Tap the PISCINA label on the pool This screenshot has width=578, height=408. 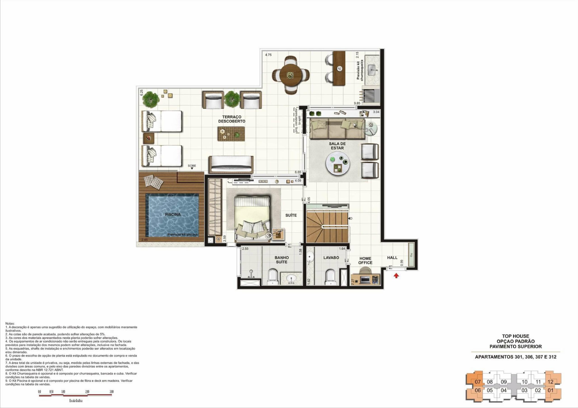(x=173, y=214)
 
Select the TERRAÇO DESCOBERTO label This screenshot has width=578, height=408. (x=232, y=119)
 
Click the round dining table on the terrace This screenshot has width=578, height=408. (x=291, y=75)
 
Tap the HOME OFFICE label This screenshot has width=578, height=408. (x=365, y=260)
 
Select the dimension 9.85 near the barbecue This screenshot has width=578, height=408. (x=357, y=103)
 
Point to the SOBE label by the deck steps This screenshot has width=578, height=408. (x=192, y=166)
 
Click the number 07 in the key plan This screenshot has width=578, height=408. (x=478, y=382)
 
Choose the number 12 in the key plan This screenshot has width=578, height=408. (x=550, y=382)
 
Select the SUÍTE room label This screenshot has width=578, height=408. (x=291, y=215)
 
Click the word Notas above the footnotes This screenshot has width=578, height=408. (x=10, y=323)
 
